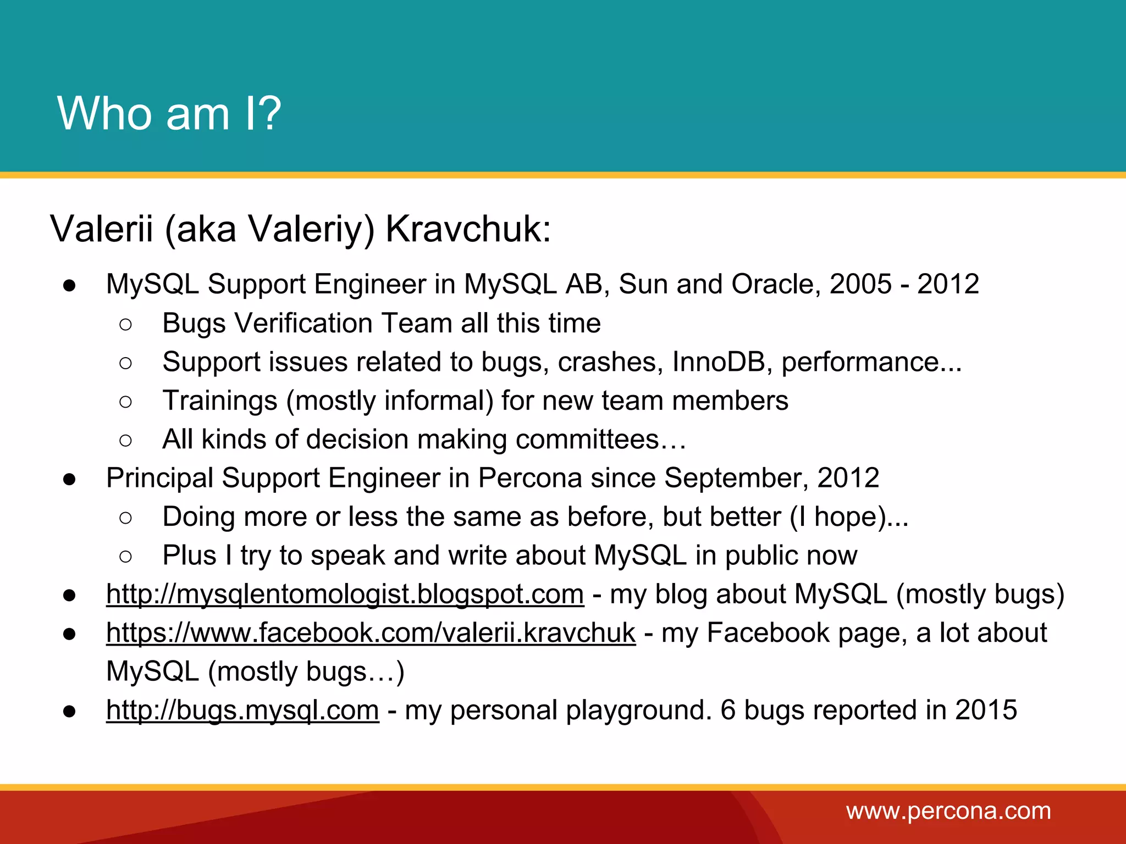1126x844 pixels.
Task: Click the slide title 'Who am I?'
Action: tap(169, 113)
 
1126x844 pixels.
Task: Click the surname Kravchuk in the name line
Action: tap(467, 229)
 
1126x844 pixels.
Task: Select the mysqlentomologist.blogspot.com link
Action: tap(345, 595)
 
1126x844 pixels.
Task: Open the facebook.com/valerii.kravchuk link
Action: tap(371, 633)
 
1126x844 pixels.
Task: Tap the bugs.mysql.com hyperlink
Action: tap(242, 710)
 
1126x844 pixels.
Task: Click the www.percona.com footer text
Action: tap(948, 812)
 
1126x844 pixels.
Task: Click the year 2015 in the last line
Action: tap(986, 710)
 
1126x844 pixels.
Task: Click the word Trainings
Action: tap(220, 401)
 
